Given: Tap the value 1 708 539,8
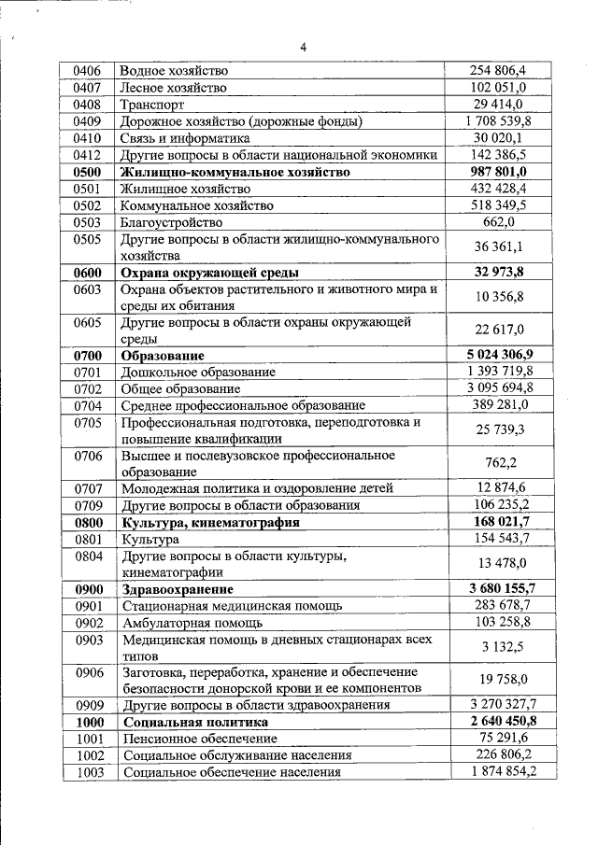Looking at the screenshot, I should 498,121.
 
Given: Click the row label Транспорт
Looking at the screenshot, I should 152,105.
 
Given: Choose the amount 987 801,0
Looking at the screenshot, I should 498,173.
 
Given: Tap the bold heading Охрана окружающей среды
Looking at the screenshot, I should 209,274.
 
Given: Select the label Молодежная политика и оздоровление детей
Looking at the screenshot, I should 257,488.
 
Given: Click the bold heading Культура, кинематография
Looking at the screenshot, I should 210,523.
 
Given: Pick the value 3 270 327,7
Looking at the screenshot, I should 498,705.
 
